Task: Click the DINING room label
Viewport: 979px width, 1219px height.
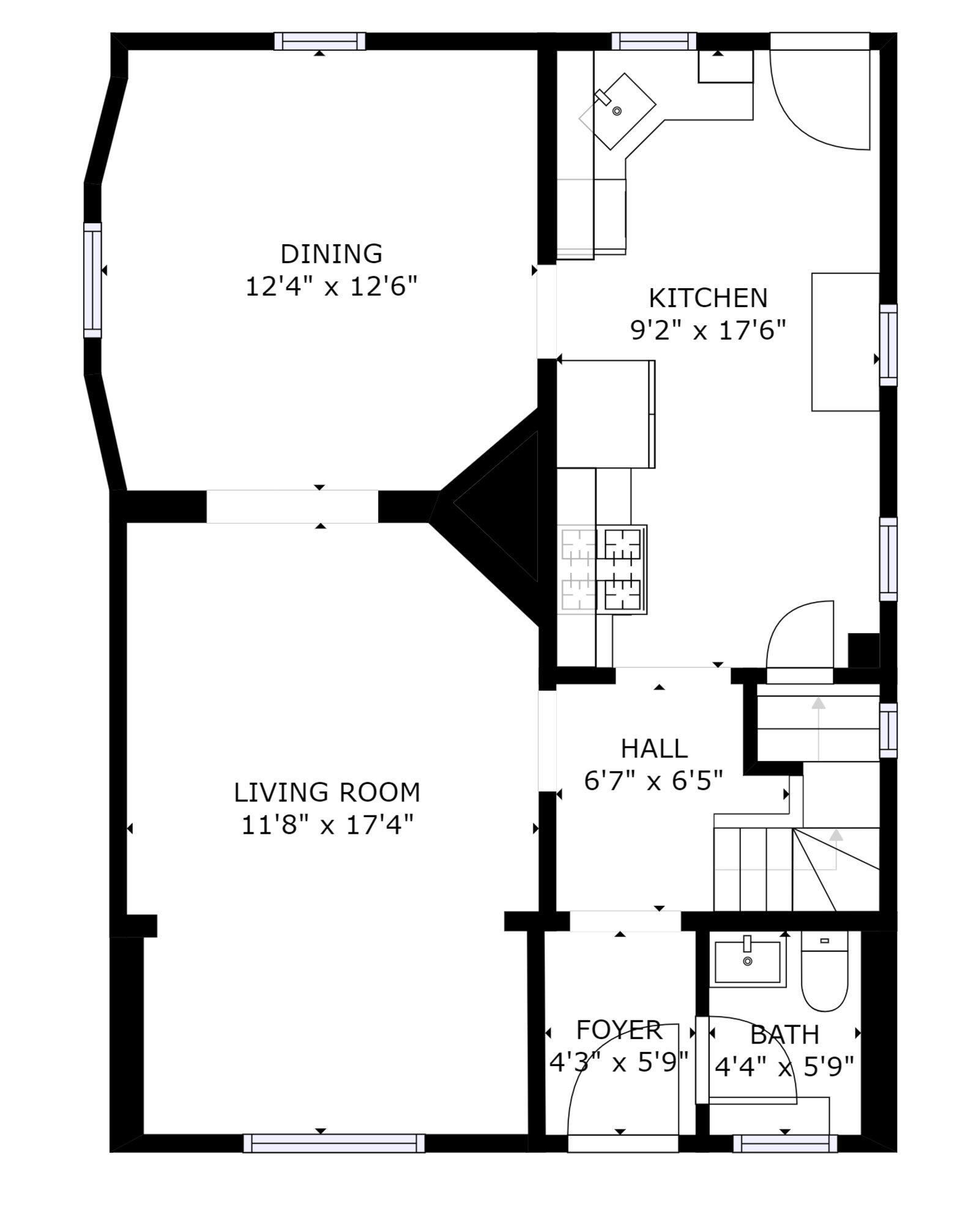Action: [331, 253]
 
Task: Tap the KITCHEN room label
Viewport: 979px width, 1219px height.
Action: [708, 298]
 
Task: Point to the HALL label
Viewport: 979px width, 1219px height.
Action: [654, 748]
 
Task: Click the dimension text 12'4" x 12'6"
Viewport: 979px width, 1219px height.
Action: [331, 286]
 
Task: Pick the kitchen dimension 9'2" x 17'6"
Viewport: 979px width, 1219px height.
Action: [708, 331]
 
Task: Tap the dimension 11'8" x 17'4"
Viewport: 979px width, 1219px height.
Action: [327, 825]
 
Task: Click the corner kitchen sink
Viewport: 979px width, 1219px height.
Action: [617, 111]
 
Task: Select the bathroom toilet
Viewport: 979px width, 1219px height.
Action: [824, 972]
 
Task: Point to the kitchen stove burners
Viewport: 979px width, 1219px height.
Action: [602, 569]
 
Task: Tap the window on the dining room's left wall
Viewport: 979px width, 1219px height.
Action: [92, 280]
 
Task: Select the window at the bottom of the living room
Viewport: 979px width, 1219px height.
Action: [334, 1143]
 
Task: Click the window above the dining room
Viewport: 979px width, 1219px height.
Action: [319, 41]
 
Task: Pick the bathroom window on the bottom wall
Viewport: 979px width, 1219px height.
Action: [785, 1143]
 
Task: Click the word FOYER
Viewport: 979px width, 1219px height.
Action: [619, 1030]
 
